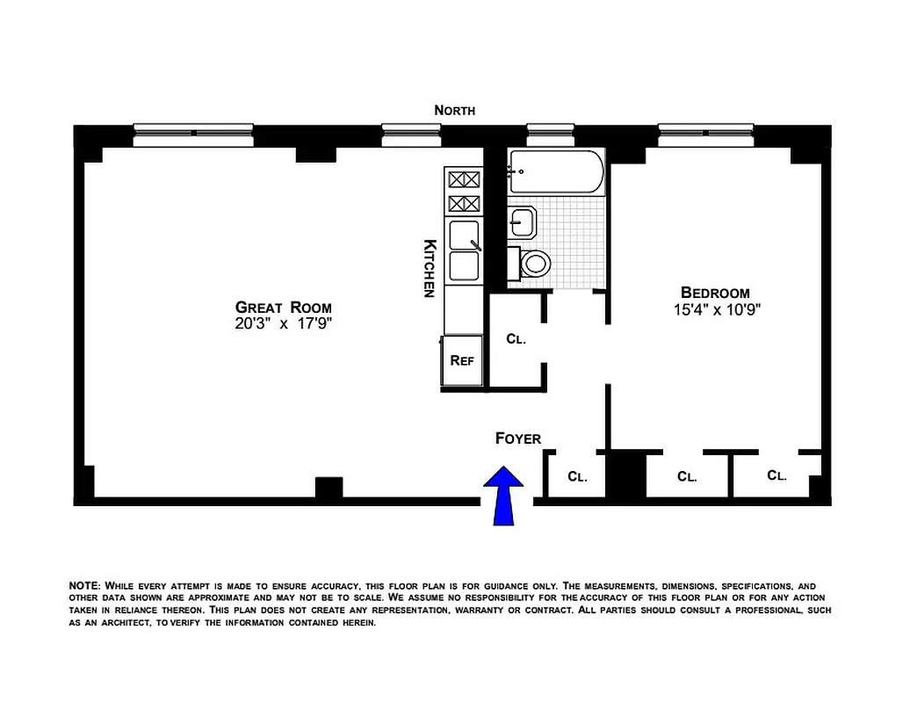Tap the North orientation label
[455, 111]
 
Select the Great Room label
[283, 308]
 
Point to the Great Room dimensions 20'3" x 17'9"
[283, 323]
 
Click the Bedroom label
[715, 293]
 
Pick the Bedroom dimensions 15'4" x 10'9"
[715, 309]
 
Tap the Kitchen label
[430, 268]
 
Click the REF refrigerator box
[462, 359]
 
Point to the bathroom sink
[523, 222]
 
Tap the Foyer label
[518, 438]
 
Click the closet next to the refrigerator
[516, 339]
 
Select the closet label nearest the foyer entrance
[576, 477]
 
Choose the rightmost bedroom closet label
[776, 475]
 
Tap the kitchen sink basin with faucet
[464, 236]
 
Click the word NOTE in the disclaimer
[84, 585]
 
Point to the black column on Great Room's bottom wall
[328, 488]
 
